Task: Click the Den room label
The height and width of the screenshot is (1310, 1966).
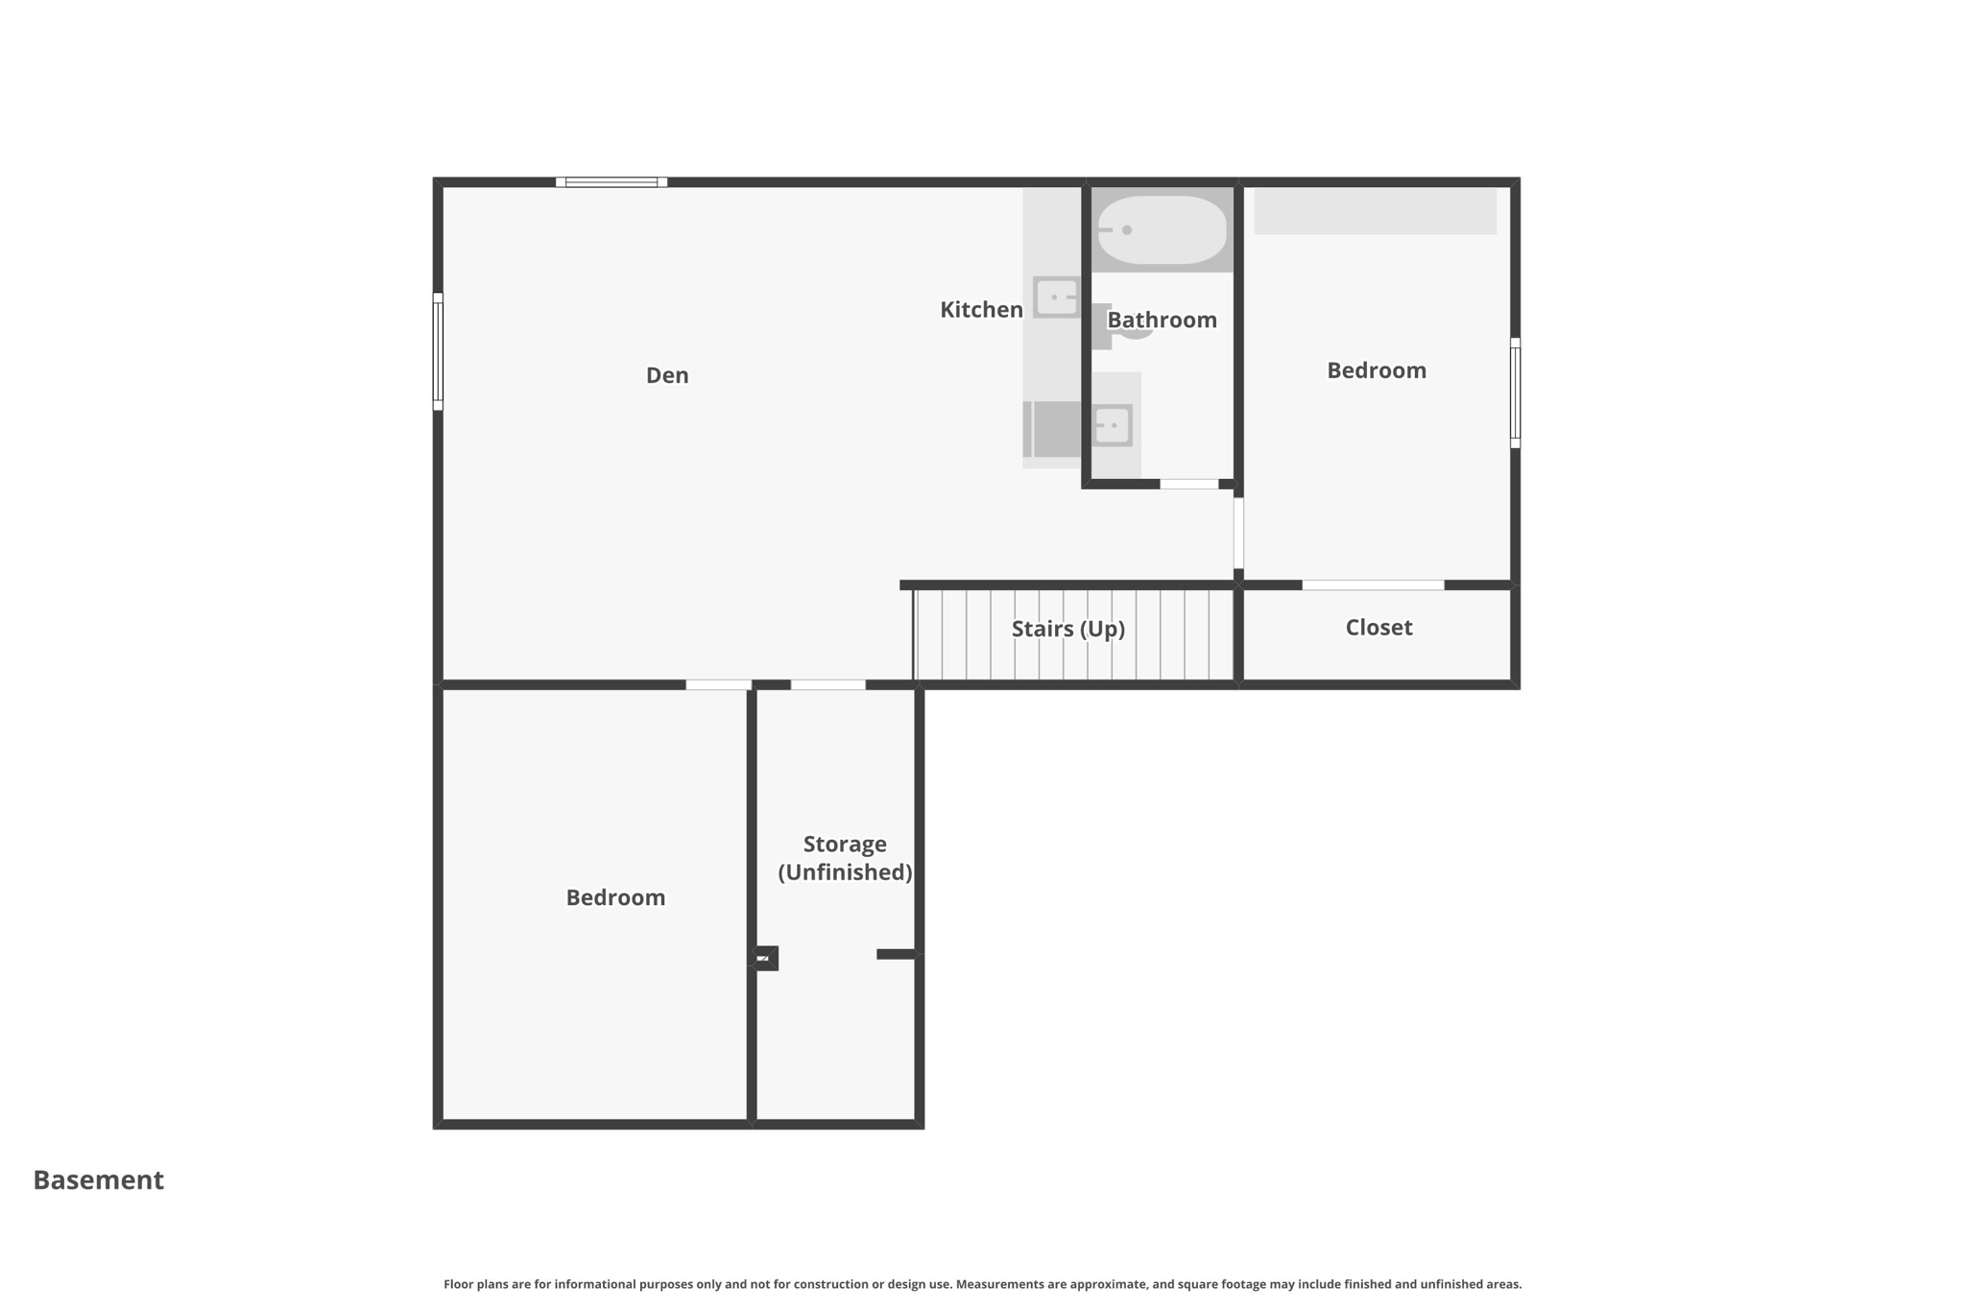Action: pyautogui.click(x=666, y=375)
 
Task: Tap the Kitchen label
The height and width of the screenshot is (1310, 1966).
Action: pyautogui.click(x=980, y=310)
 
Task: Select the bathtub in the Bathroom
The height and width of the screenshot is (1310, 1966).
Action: pyautogui.click(x=1162, y=230)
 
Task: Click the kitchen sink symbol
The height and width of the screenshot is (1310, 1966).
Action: pyautogui.click(x=1056, y=298)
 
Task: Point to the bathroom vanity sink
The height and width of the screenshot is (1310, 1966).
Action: pyautogui.click(x=1113, y=425)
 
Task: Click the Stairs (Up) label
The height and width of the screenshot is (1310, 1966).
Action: pyautogui.click(x=1067, y=629)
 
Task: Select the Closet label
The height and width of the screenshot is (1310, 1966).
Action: pyautogui.click(x=1379, y=628)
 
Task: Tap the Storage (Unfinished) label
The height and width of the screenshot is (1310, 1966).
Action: pyautogui.click(x=845, y=858)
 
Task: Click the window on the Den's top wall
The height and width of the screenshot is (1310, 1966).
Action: pyautogui.click(x=611, y=182)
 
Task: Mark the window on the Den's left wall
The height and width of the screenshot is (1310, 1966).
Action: pyautogui.click(x=438, y=351)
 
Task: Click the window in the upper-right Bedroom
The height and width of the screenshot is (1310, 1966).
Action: pyautogui.click(x=1515, y=393)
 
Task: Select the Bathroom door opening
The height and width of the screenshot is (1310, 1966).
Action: pyautogui.click(x=1188, y=485)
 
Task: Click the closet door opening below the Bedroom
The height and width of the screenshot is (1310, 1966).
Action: pyautogui.click(x=1373, y=585)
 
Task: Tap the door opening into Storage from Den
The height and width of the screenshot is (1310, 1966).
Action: pyautogui.click(x=827, y=685)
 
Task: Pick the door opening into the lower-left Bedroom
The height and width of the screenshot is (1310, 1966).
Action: pyautogui.click(x=718, y=685)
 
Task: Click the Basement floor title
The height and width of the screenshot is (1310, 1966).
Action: pyautogui.click(x=99, y=1179)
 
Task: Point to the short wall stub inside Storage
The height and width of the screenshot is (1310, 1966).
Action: pyautogui.click(x=896, y=954)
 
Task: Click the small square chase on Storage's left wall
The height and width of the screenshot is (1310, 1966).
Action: pyautogui.click(x=765, y=958)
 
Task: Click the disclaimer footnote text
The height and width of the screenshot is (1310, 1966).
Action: pyautogui.click(x=982, y=1284)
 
